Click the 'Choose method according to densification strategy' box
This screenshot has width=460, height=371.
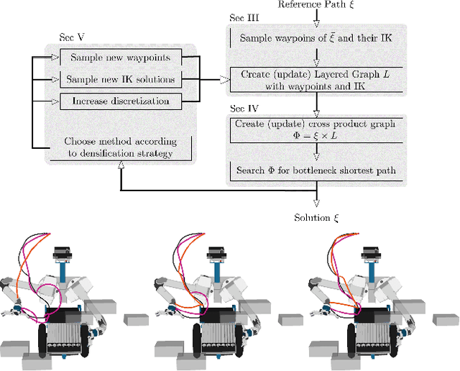(120, 147)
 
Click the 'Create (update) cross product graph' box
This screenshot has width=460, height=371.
(315, 129)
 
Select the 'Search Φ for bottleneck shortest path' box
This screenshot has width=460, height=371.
(315, 170)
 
